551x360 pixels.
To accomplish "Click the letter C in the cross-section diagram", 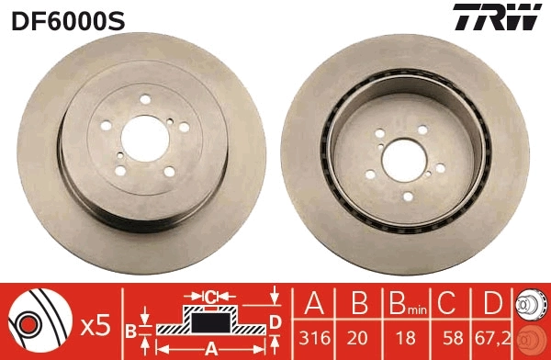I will (209, 297).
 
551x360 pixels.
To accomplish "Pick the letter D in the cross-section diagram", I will (275, 321).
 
